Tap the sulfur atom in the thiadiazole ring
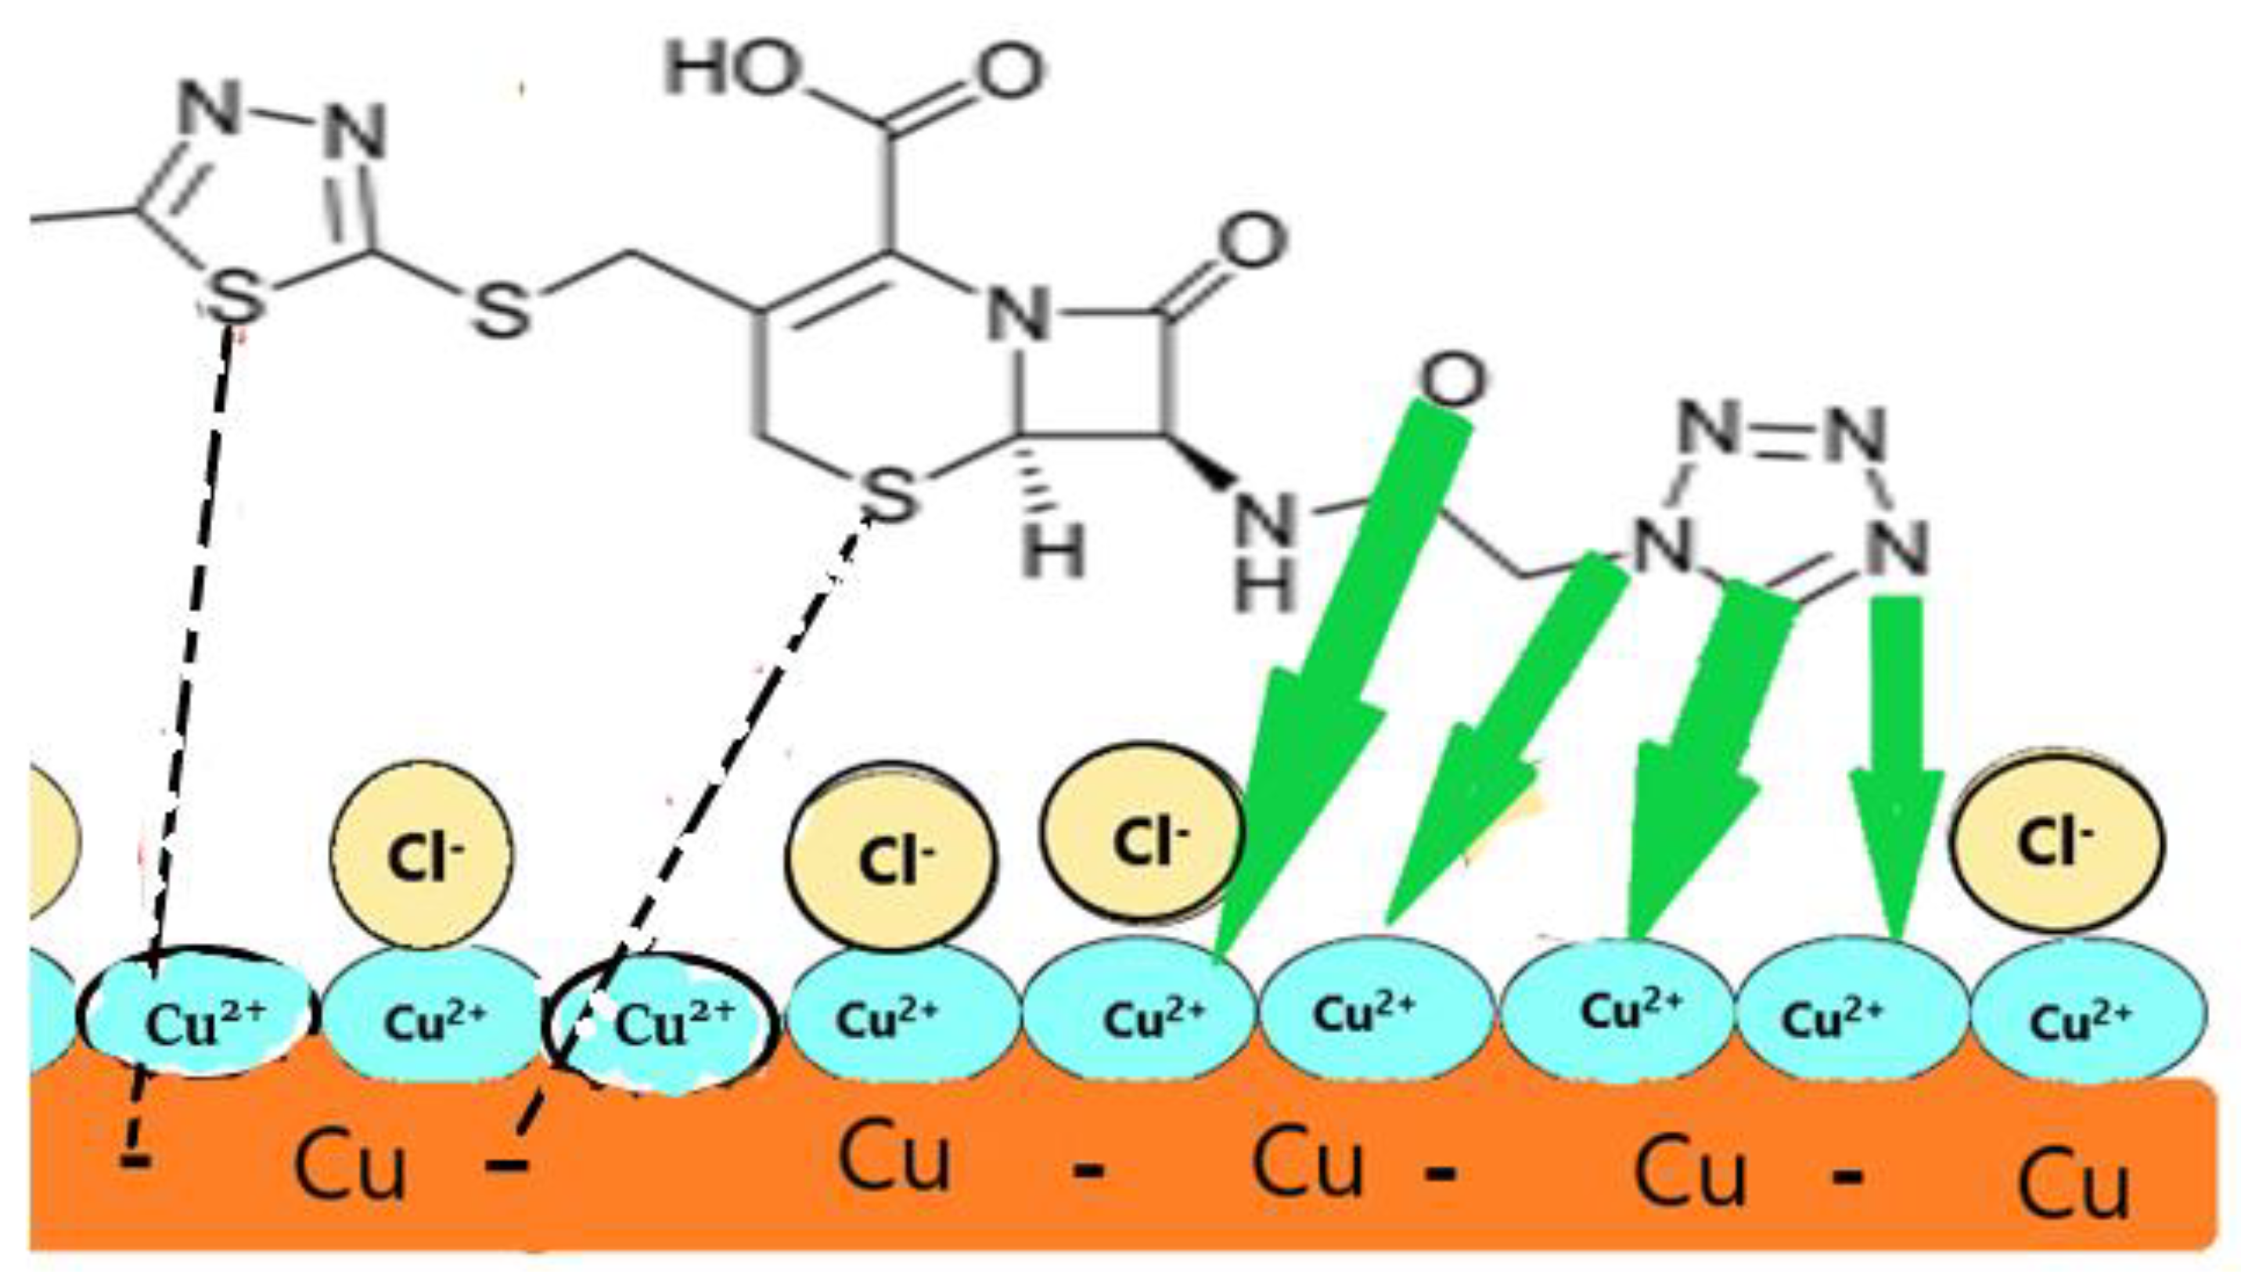coord(235,297)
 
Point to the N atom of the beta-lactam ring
coord(1017,313)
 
